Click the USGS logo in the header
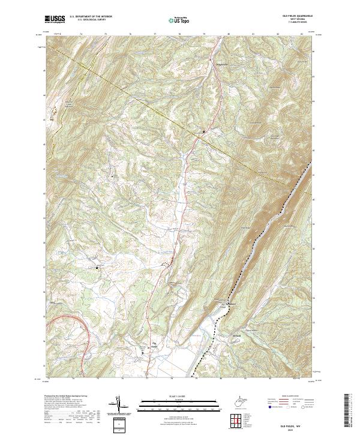point(55,19)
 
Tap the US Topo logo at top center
point(179,20)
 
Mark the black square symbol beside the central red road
point(203,131)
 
